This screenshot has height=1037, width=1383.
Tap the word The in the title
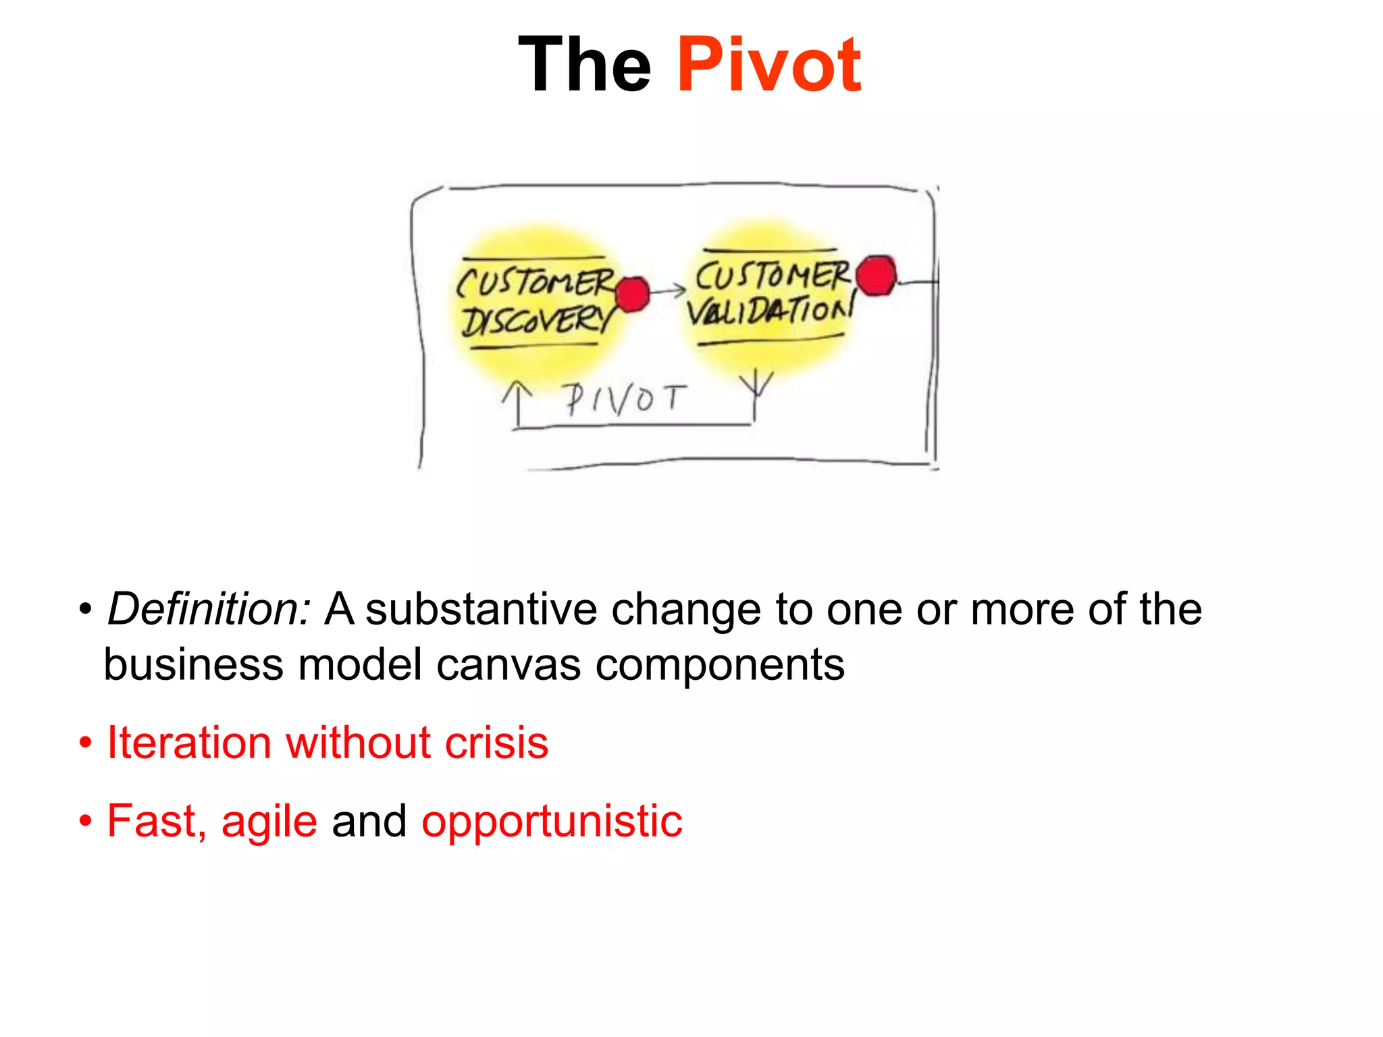[585, 65]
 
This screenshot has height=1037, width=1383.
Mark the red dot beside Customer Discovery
[632, 294]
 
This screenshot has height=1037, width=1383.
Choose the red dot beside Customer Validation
[877, 275]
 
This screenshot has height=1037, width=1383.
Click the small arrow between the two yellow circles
[669, 291]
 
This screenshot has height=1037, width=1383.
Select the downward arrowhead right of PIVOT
[756, 385]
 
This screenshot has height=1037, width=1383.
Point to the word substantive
[481, 609]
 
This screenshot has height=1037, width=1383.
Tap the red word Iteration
[189, 743]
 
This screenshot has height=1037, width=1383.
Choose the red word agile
[269, 822]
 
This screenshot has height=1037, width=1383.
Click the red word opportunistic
[552, 822]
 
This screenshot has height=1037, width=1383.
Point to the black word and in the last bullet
[369, 821]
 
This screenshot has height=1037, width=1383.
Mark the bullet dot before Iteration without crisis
[85, 743]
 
